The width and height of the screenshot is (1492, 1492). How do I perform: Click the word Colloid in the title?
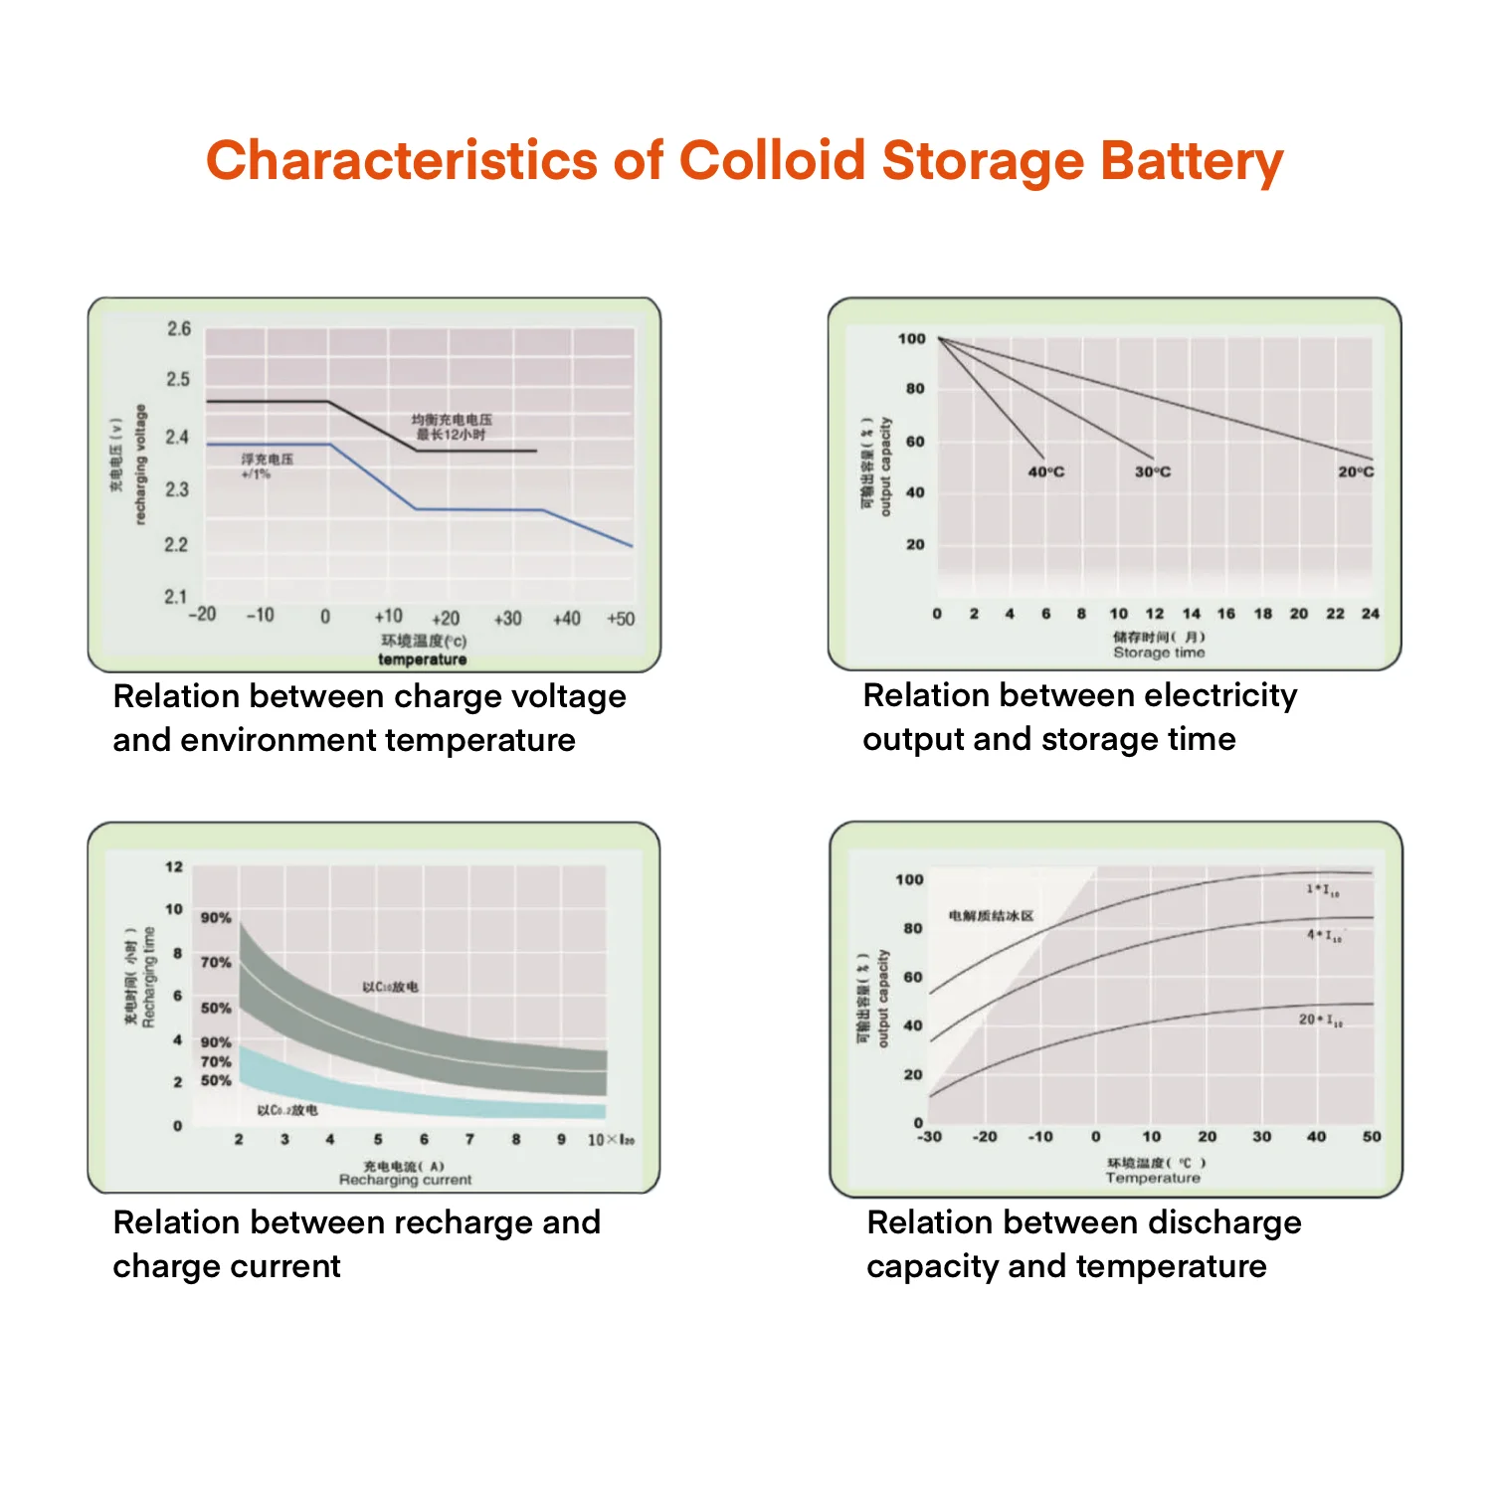coord(772,161)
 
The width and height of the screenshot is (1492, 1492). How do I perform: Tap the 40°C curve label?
coord(1045,471)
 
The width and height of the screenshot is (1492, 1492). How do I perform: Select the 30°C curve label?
coord(1153,471)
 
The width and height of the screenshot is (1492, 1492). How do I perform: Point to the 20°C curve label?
coord(1355,471)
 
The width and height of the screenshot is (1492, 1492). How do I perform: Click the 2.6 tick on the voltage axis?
coord(179,329)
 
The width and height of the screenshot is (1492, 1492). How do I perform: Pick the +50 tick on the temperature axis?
coord(621,619)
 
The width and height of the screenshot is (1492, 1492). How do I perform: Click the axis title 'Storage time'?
coord(1159,653)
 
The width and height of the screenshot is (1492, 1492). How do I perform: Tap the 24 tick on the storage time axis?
coord(1371,614)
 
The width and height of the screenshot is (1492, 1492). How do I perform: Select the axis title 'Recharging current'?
coord(405,1180)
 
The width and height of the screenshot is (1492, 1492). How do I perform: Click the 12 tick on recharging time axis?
coord(174,866)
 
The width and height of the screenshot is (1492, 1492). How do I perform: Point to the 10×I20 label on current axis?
coord(611,1140)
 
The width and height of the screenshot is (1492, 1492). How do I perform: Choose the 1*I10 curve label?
coord(1323,890)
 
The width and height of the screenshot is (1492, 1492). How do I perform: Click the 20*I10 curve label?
coord(1320,1020)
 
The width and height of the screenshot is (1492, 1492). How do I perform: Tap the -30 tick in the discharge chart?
coord(929,1136)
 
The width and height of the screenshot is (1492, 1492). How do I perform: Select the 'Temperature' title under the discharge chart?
coord(1153,1178)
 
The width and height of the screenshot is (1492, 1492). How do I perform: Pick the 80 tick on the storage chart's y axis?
coord(915,389)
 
